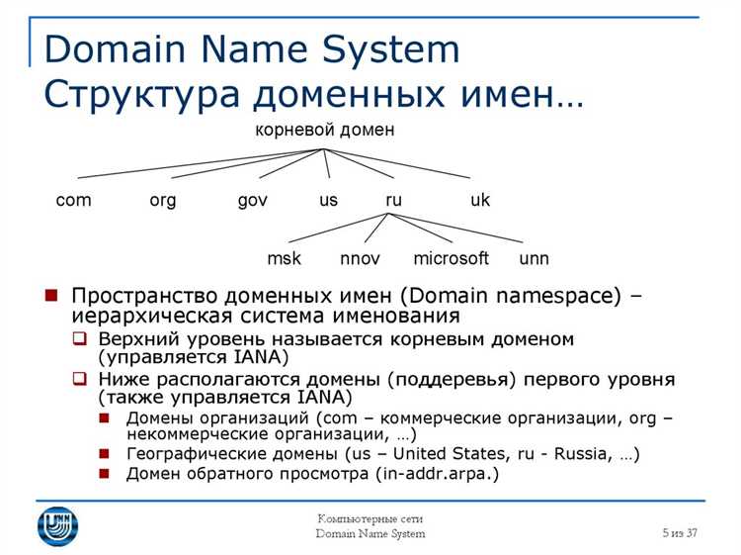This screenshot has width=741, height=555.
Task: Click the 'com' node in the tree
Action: click(73, 200)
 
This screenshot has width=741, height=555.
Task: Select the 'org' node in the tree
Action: click(163, 200)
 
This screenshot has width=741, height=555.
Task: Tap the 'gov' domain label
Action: click(253, 201)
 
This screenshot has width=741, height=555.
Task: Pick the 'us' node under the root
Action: click(328, 200)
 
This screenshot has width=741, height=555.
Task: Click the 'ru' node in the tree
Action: click(393, 200)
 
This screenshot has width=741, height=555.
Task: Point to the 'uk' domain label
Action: click(480, 200)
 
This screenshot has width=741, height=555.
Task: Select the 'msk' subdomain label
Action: click(285, 259)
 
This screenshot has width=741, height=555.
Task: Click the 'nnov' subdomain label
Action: click(361, 259)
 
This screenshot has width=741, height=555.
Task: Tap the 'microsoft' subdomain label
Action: click(451, 259)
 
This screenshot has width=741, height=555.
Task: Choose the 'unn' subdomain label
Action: click(534, 259)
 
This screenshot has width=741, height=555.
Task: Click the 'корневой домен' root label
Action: click(325, 130)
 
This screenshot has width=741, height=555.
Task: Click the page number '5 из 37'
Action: click(680, 533)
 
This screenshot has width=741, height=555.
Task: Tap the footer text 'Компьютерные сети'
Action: click(370, 519)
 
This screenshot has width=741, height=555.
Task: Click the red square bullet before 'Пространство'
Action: click(50, 296)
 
